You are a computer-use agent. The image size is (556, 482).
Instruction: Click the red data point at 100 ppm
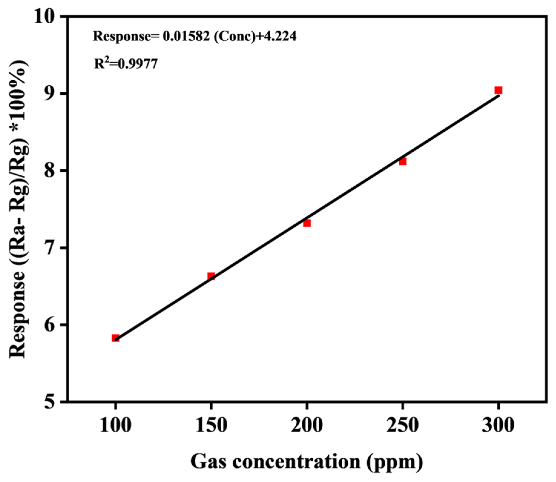tap(115, 338)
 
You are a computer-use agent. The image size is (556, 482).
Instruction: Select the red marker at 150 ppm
tap(211, 276)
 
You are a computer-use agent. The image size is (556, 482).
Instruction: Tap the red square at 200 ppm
tap(307, 223)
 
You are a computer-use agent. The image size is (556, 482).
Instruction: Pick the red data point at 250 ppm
tap(403, 161)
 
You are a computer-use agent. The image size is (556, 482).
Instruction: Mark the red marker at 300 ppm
tap(498, 90)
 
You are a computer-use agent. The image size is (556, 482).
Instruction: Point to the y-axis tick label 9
tap(51, 93)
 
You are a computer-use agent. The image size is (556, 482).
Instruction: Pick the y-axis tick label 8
tap(51, 170)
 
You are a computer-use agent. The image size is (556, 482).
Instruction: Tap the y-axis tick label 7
tap(51, 248)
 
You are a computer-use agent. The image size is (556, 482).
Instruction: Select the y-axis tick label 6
tap(51, 325)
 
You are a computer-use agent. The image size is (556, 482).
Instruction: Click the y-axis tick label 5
tap(51, 402)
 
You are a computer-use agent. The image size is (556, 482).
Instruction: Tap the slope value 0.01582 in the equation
tap(186, 36)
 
